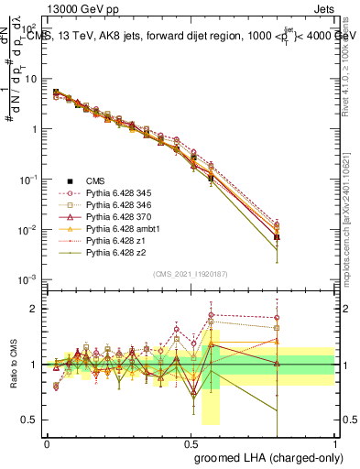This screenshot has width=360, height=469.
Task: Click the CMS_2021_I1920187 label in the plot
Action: pyautogui.click(x=190, y=273)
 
